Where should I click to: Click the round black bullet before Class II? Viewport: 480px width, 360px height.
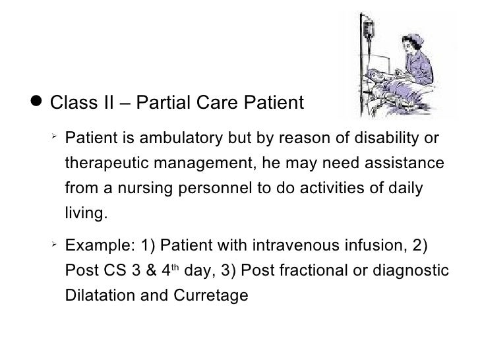click(38, 104)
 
